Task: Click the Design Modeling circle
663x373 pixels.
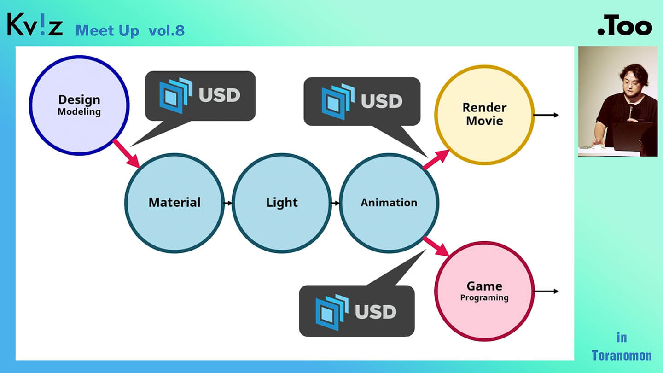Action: tap(79, 105)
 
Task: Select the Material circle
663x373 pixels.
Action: tap(174, 203)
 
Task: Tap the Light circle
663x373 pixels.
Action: tap(282, 203)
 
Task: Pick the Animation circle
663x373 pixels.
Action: tap(389, 203)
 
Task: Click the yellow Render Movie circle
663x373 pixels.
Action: tap(484, 114)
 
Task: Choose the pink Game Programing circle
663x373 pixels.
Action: tap(484, 291)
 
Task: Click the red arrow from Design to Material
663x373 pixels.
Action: tap(126, 153)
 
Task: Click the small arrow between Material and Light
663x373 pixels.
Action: tap(227, 203)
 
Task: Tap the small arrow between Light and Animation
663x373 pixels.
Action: tap(335, 203)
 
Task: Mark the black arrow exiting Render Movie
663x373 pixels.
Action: tap(547, 115)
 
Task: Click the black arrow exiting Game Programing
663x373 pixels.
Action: tap(547, 291)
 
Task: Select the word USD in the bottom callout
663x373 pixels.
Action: tap(376, 312)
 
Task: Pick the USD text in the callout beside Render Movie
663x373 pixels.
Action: tap(382, 101)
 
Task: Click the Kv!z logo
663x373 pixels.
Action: tap(35, 25)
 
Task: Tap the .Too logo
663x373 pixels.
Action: tap(625, 27)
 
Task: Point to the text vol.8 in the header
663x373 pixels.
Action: tap(167, 31)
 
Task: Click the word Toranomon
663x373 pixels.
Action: tap(622, 356)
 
